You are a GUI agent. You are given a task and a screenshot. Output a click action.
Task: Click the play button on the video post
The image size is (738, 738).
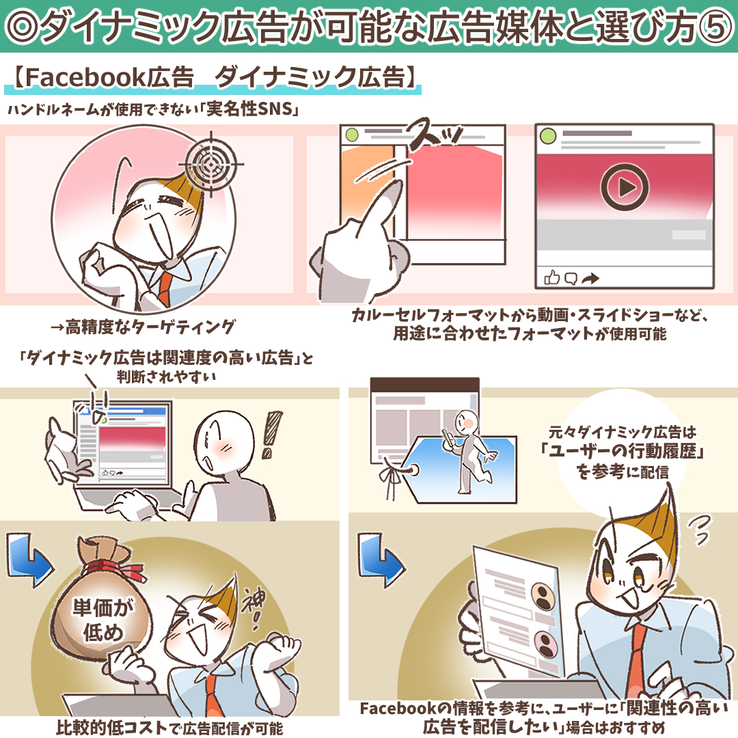[625, 187]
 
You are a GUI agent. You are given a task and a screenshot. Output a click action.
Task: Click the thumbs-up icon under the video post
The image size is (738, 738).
[551, 277]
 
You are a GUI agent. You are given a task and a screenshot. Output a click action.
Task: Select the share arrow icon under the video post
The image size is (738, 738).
[590, 279]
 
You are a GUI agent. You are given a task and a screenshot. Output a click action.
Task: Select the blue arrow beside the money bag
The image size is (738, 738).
[29, 560]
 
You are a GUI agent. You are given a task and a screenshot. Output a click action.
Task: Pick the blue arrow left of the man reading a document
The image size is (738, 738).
[379, 560]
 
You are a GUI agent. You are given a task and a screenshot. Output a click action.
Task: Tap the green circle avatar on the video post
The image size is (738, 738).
[548, 137]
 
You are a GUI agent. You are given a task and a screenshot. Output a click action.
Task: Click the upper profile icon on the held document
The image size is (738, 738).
[543, 596]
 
